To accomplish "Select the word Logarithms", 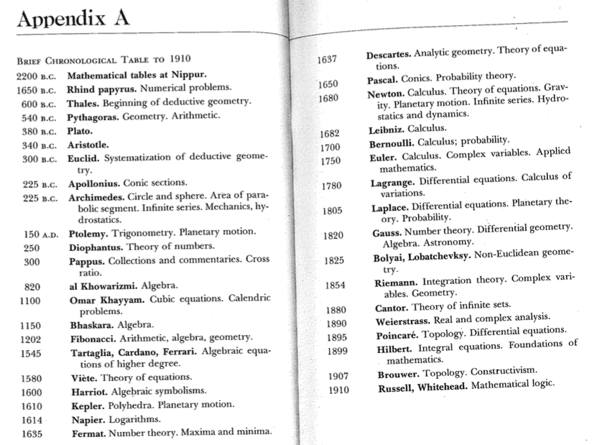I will pyautogui.click(x=134, y=420).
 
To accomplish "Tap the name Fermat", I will pyautogui.click(x=86, y=433).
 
